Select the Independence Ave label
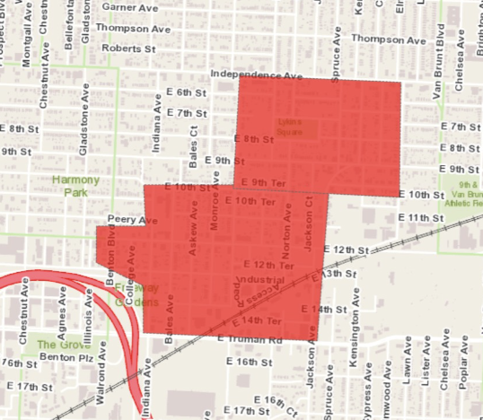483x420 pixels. [x=257, y=72]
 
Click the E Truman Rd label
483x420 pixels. [x=250, y=340]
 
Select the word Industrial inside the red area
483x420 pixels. [x=264, y=281]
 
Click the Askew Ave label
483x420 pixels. [x=192, y=230]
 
